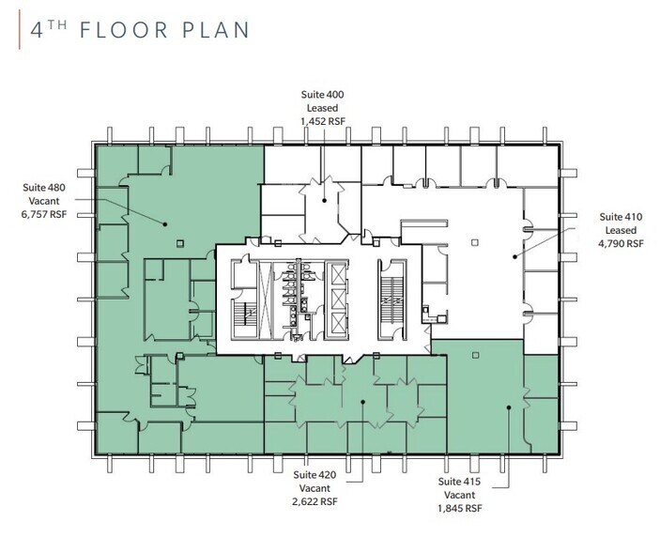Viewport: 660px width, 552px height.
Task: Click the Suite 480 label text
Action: click(x=45, y=188)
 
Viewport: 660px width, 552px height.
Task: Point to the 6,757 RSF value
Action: click(x=45, y=214)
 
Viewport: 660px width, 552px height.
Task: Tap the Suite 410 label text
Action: click(x=621, y=217)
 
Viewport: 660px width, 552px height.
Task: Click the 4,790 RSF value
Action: click(x=621, y=243)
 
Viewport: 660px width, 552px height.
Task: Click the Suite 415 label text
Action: click(x=460, y=481)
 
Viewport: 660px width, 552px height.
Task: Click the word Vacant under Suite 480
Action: click(x=45, y=201)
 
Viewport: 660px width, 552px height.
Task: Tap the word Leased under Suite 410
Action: click(x=621, y=230)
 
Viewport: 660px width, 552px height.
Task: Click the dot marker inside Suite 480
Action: click(x=164, y=223)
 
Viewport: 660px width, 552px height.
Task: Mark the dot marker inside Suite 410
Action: click(x=514, y=255)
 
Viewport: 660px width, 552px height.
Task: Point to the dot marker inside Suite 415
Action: click(x=508, y=406)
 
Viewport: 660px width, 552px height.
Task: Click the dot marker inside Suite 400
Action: click(x=323, y=199)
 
